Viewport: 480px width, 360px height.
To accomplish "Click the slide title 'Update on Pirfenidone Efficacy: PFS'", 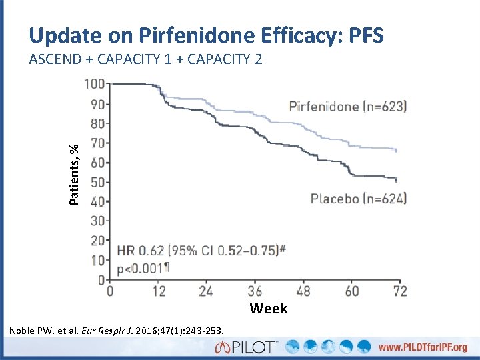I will [x=206, y=35].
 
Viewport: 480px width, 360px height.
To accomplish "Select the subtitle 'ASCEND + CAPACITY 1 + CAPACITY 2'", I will [x=145, y=59].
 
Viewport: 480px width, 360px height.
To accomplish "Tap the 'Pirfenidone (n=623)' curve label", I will [x=347, y=106].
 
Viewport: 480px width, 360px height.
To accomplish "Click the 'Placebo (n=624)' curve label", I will [x=358, y=198].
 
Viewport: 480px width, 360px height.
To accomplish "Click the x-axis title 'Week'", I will [x=269, y=309].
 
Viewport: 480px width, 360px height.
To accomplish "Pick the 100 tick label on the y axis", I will [x=95, y=85].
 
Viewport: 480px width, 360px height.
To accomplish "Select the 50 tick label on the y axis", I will [x=98, y=182].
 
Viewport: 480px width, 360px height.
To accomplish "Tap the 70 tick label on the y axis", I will [x=98, y=143].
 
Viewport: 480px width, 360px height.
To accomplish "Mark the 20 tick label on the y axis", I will [x=98, y=240].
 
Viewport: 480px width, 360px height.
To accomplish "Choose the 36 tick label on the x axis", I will [x=255, y=291].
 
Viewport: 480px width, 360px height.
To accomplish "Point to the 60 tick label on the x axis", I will [x=351, y=291].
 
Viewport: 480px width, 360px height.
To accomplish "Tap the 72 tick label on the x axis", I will [x=399, y=291].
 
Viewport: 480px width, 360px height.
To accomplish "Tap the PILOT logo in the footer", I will [x=246, y=347].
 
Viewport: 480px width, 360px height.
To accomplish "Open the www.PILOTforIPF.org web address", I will [x=421, y=347].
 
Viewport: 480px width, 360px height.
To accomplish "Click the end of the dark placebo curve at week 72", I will [x=397, y=180].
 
